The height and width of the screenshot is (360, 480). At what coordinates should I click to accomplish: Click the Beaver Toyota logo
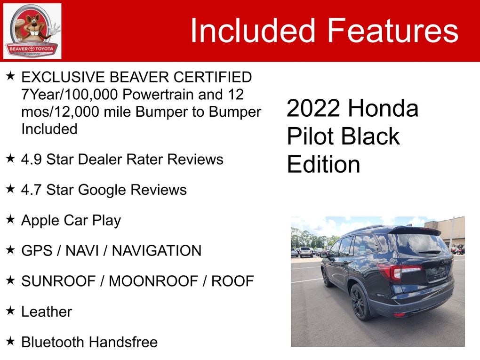pos(32,31)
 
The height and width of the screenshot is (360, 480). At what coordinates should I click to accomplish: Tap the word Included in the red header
pos(253,30)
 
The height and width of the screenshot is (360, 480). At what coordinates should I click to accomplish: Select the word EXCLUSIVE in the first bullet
pos(64,77)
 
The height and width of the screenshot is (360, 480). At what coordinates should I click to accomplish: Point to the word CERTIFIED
pos(213,77)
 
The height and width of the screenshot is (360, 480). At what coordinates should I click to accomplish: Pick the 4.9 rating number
pos(32,160)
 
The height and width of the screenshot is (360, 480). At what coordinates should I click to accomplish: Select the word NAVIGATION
pos(157,251)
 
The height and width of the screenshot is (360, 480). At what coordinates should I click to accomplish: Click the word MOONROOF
pos(153,281)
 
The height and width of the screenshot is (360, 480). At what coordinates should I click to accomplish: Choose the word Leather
pos(47,312)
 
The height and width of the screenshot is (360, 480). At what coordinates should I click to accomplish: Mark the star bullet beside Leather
pos(10,311)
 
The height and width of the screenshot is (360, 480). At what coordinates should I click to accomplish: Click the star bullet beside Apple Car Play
pos(10,219)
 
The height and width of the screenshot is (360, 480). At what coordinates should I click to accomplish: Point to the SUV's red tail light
pos(399,272)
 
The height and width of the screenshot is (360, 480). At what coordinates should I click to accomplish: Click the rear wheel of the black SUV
pos(360,302)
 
